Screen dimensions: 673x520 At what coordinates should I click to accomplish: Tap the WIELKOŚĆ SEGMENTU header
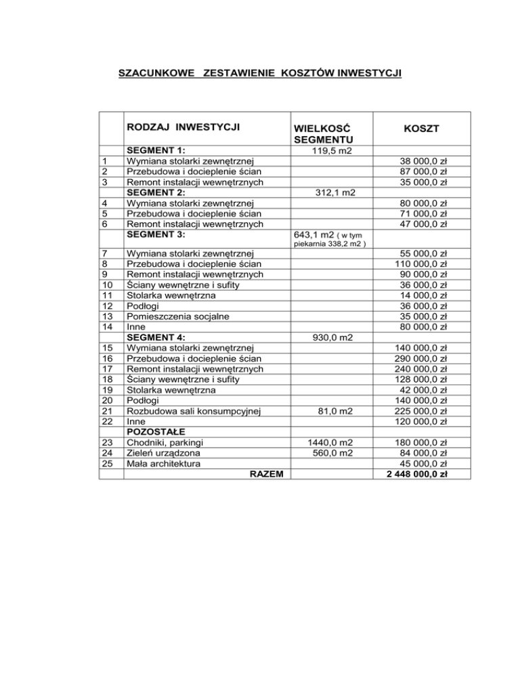[323, 133]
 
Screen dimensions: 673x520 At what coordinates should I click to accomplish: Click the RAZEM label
[266, 474]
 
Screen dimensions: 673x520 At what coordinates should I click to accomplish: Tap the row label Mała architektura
[167, 463]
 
